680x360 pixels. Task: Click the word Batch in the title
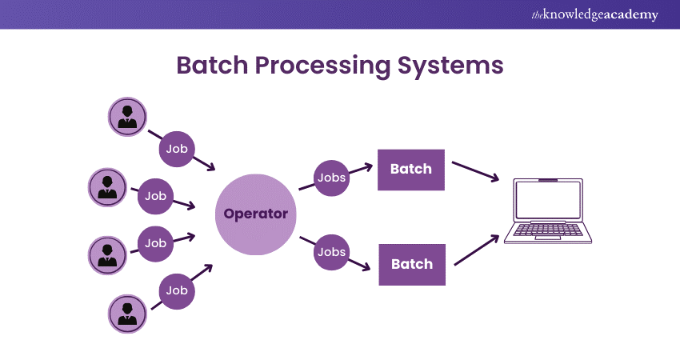[211, 66]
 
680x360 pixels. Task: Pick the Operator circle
[256, 214]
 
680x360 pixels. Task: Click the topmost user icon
[127, 117]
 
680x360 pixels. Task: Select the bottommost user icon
[127, 314]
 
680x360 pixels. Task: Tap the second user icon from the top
[106, 187]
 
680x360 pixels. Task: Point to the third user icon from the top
[106, 254]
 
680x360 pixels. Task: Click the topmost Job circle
[177, 149]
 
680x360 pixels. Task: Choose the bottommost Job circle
[177, 291]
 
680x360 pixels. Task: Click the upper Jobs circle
[330, 177]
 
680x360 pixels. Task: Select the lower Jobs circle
[330, 251]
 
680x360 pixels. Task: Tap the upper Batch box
[410, 169]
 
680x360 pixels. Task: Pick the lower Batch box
[411, 264]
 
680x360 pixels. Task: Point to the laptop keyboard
[547, 231]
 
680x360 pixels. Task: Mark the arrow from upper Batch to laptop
[477, 171]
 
